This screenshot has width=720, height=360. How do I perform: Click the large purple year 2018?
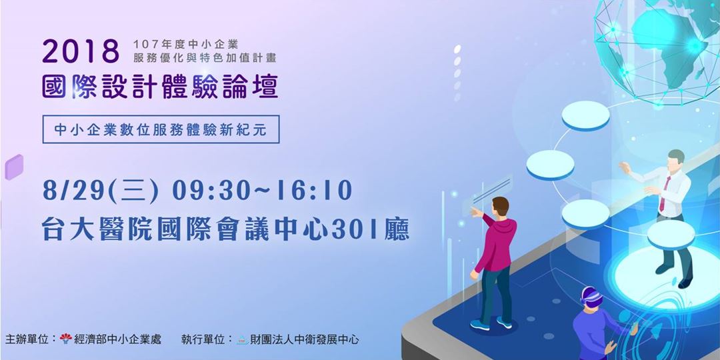tap(81, 51)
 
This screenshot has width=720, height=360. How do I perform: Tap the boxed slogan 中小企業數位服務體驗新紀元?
tap(161, 129)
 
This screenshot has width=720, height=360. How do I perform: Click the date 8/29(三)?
tap(101, 190)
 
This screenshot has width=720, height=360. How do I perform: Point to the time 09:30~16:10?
tap(262, 189)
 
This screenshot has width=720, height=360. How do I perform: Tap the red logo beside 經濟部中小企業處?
tap(66, 339)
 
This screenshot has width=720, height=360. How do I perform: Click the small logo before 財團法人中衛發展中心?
tap(243, 340)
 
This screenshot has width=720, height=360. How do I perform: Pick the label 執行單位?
tap(203, 340)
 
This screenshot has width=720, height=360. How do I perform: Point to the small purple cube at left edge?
tap(14, 167)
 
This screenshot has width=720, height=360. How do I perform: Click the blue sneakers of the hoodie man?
tap(491, 324)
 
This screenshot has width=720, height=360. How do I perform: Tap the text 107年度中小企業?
tap(185, 45)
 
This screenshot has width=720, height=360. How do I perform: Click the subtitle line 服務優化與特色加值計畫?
tap(205, 58)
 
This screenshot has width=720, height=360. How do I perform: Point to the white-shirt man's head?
tap(675, 159)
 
